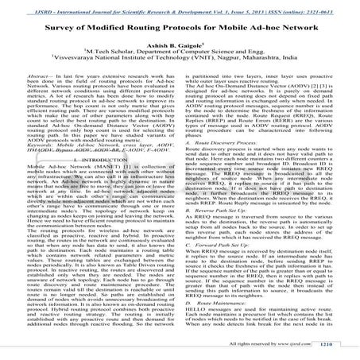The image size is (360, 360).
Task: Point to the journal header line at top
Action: [180, 6]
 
